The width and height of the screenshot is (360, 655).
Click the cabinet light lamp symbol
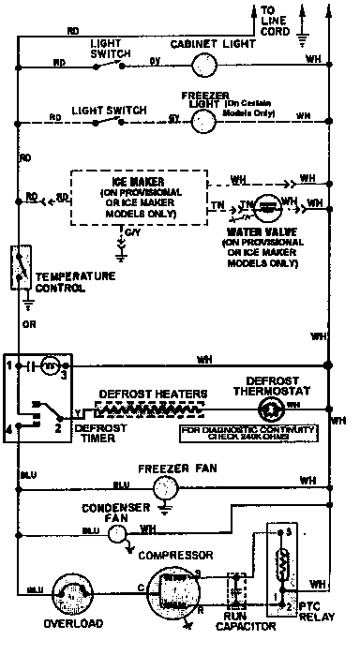coord(202,64)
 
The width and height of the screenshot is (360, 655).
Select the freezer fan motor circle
coord(165,485)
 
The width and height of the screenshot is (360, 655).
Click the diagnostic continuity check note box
coord(247,432)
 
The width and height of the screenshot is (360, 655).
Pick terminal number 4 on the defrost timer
coord(9,429)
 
